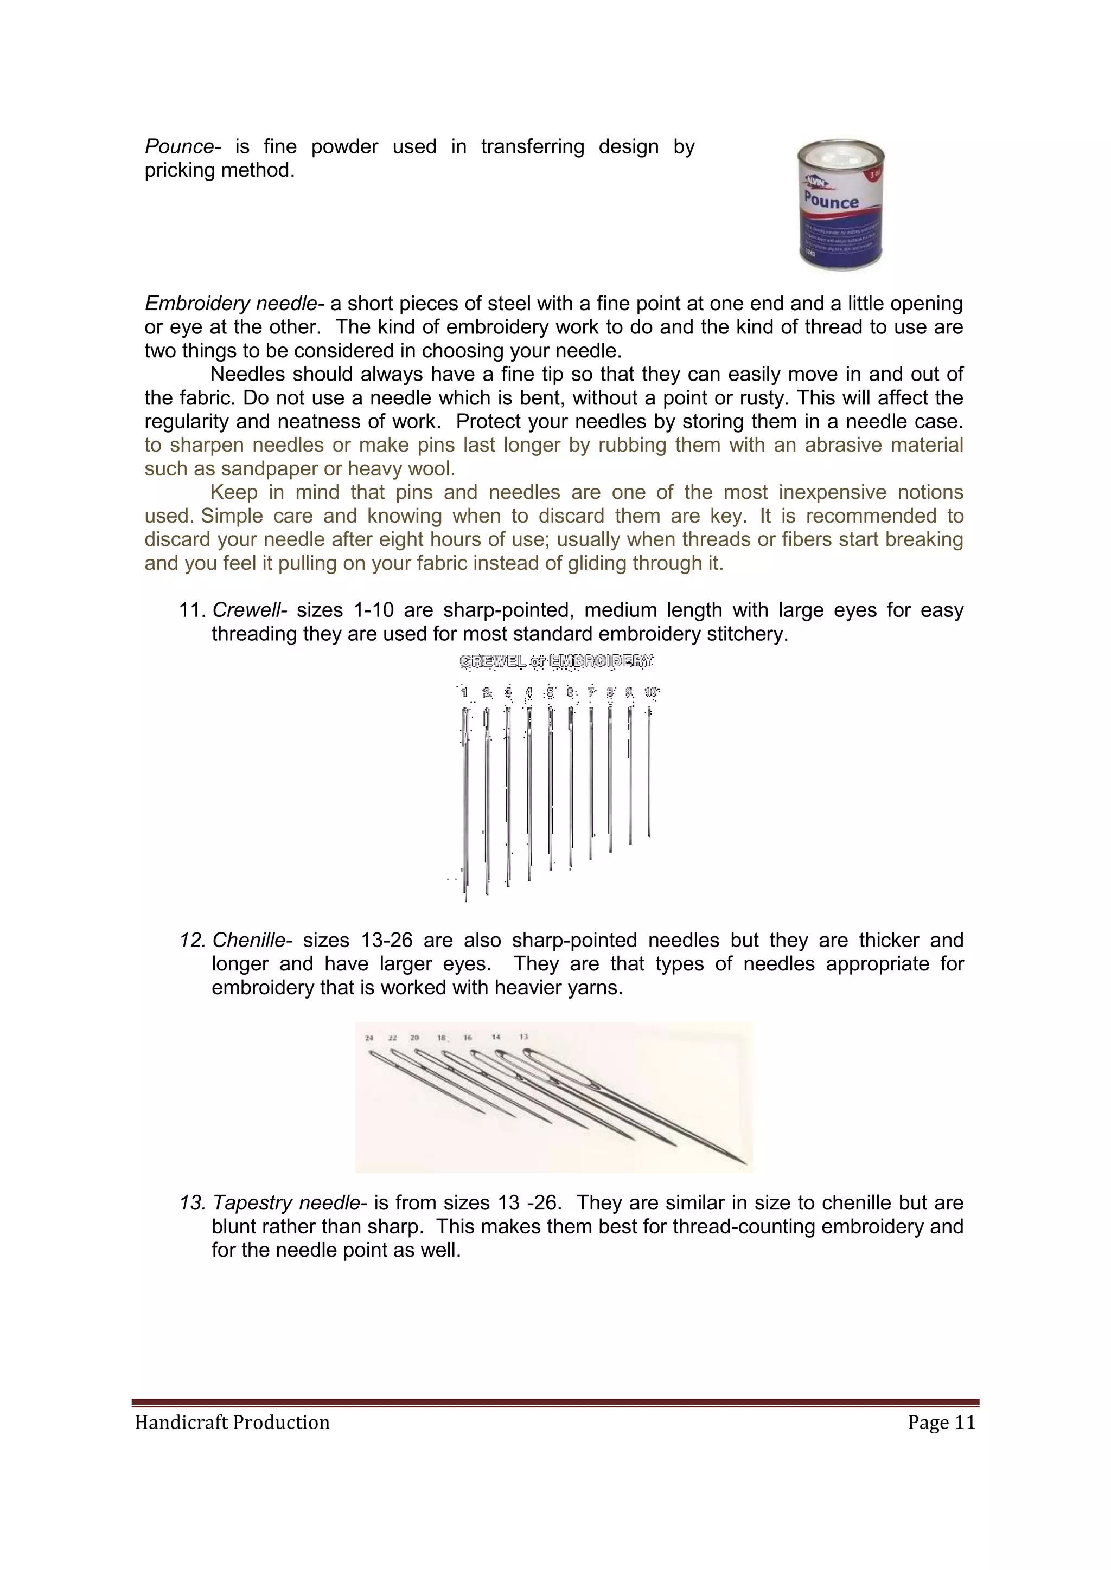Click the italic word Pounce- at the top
point(183,147)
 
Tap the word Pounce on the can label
point(831,201)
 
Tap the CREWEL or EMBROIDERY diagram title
point(556,661)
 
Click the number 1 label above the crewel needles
point(464,693)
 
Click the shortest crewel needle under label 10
point(649,773)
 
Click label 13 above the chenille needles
point(523,1037)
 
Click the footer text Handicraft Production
point(232,1423)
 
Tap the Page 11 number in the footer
point(941,1423)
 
